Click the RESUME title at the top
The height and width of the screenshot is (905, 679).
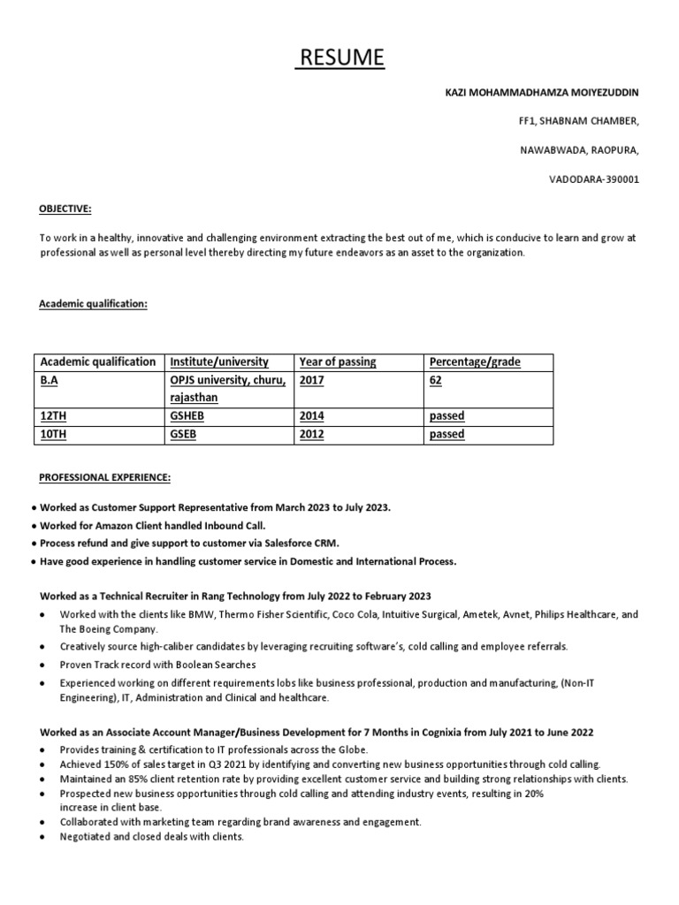coord(340,58)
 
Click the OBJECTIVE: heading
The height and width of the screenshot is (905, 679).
coord(65,209)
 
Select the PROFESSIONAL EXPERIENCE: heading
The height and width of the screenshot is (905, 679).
coord(104,478)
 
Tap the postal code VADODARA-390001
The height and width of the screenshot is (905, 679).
coord(595,179)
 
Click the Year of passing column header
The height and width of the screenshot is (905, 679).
coord(338,362)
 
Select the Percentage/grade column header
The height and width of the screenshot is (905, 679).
coord(475,362)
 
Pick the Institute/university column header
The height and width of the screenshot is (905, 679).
coord(219,362)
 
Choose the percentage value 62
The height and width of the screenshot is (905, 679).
coord(436,380)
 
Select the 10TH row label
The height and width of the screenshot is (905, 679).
coord(54,435)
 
